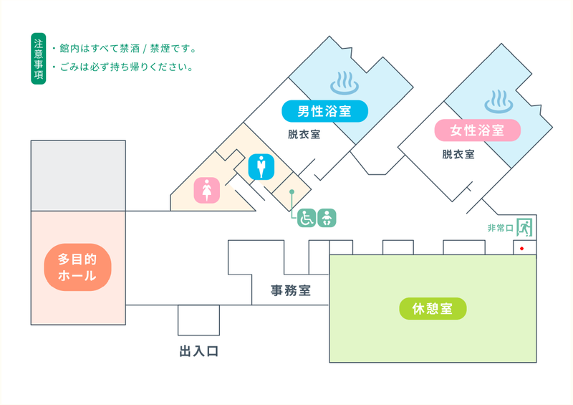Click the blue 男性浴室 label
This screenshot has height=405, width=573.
click(324, 111)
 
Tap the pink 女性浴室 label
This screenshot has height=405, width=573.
click(477, 130)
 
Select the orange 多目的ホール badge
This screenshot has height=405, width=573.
click(77, 267)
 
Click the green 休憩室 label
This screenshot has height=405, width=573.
click(433, 308)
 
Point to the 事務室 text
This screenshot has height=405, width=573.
click(291, 290)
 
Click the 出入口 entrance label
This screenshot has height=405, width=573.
click(199, 351)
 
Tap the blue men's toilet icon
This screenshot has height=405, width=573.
click(261, 167)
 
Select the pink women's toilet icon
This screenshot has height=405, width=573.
click(207, 190)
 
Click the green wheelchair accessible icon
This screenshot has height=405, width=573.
click(307, 218)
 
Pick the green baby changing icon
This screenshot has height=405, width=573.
click(327, 218)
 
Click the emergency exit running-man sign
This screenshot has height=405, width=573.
click(524, 227)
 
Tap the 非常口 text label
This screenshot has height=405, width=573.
click(501, 228)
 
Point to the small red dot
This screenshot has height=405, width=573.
click(522, 249)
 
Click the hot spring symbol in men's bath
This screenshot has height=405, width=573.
click(345, 83)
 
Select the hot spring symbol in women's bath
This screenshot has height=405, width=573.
click(499, 101)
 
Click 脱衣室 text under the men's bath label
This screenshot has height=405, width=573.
click(304, 134)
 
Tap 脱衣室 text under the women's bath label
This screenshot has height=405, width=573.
click(458, 154)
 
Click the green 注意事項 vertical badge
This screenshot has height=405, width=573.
click(39, 59)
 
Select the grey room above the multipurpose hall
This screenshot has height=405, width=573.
click(78, 176)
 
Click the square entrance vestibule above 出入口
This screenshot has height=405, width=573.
click(199, 320)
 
